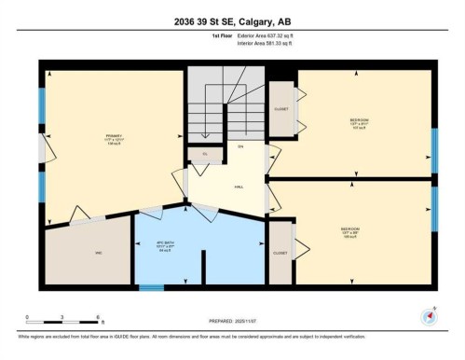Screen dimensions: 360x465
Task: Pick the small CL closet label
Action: pos(205,154)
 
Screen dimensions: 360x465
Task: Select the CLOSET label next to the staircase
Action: pos(280,108)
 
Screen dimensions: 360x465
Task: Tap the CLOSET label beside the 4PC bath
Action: pos(280,253)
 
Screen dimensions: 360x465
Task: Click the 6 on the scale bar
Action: pos(99,318)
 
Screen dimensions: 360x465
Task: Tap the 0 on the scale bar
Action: pos(27,318)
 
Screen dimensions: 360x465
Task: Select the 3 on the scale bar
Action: pos(62,318)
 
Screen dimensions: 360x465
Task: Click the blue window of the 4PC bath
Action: pos(151,287)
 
